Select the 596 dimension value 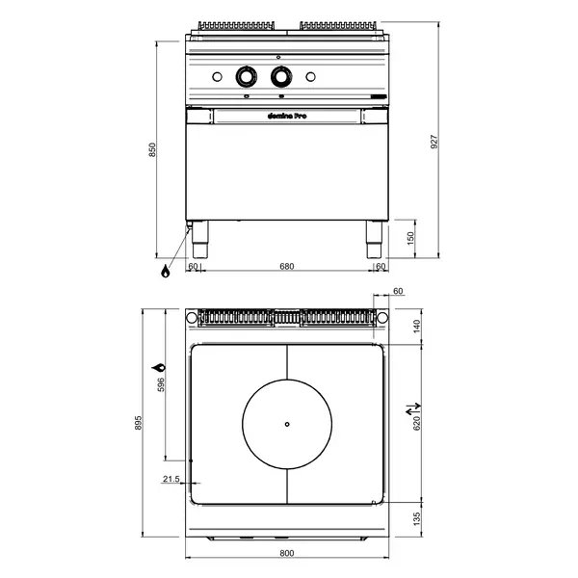click(x=162, y=384)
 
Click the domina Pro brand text click(x=286, y=116)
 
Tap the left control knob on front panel click(x=247, y=76)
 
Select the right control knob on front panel click(x=281, y=76)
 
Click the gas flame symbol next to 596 click(x=158, y=368)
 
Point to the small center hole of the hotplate click(x=286, y=425)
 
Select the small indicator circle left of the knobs click(x=216, y=76)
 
